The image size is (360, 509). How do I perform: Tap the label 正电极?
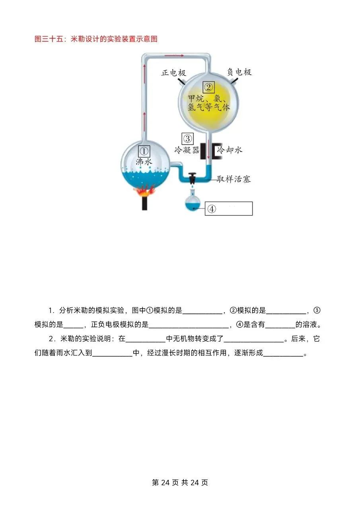click(173, 73)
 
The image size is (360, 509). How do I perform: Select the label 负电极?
click(239, 72)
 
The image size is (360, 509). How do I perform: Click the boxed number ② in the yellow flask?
click(208, 87)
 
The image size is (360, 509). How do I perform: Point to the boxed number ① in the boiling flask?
click(144, 151)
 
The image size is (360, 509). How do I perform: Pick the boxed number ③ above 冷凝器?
click(187, 138)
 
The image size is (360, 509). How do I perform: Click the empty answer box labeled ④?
click(229, 208)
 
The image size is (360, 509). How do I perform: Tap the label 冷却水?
click(230, 150)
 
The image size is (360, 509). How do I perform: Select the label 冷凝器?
click(187, 150)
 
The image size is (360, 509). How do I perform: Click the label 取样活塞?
click(234, 179)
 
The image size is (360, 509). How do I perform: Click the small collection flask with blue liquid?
click(193, 203)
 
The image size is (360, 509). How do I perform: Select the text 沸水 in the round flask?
click(144, 162)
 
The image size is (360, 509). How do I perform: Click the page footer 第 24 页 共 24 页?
click(180, 482)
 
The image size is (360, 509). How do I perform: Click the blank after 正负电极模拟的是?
click(189, 325)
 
